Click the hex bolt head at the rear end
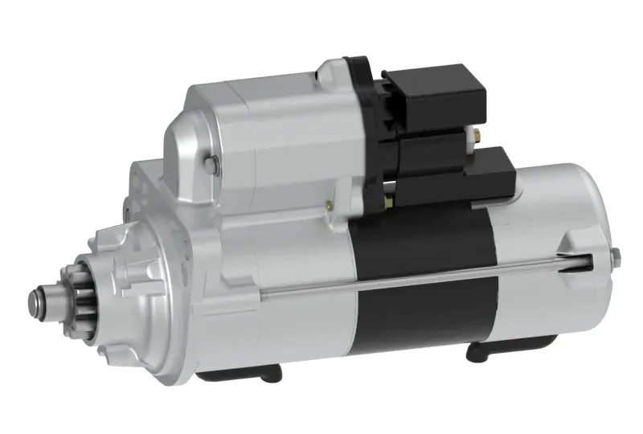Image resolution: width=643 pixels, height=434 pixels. tap(616, 256)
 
